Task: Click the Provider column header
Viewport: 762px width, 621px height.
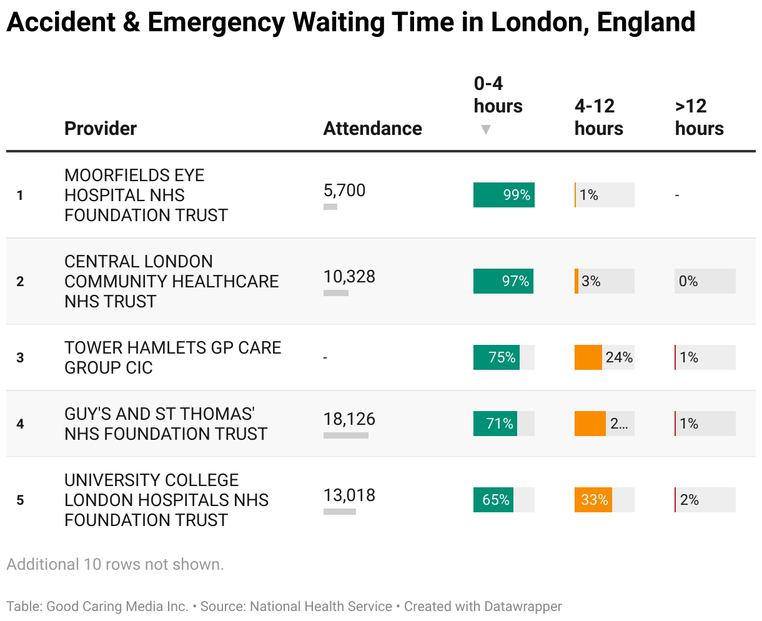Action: click(101, 128)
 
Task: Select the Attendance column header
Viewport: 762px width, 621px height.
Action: click(372, 128)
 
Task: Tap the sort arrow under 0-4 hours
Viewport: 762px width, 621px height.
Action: click(486, 129)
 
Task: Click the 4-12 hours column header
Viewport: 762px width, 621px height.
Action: click(598, 117)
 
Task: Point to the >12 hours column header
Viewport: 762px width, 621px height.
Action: click(699, 117)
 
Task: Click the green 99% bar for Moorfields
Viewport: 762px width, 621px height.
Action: click(503, 195)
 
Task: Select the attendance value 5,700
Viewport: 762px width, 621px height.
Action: click(344, 191)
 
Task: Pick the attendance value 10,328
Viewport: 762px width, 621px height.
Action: click(349, 277)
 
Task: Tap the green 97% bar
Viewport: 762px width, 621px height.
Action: click(503, 281)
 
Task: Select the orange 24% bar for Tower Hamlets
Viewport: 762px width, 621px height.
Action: click(588, 357)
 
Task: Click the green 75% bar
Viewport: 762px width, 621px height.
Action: click(497, 357)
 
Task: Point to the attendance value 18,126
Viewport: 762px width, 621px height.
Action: click(349, 419)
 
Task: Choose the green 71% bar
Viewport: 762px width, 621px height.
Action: click(495, 424)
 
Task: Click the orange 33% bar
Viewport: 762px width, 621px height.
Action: click(593, 500)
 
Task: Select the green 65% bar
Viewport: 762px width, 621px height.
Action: click(493, 500)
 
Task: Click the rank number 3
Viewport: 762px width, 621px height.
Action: click(20, 357)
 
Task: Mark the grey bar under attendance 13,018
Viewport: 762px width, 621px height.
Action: click(339, 512)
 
